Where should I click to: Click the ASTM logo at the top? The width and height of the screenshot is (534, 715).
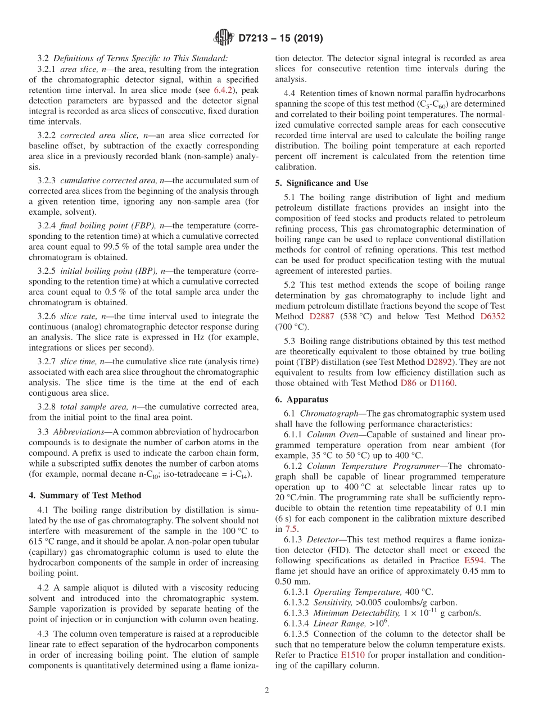[224, 38]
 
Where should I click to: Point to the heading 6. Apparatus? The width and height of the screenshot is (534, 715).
[302, 400]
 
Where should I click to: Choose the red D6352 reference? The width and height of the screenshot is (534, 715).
[492, 316]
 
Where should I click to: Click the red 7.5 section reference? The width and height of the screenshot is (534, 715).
[291, 529]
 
